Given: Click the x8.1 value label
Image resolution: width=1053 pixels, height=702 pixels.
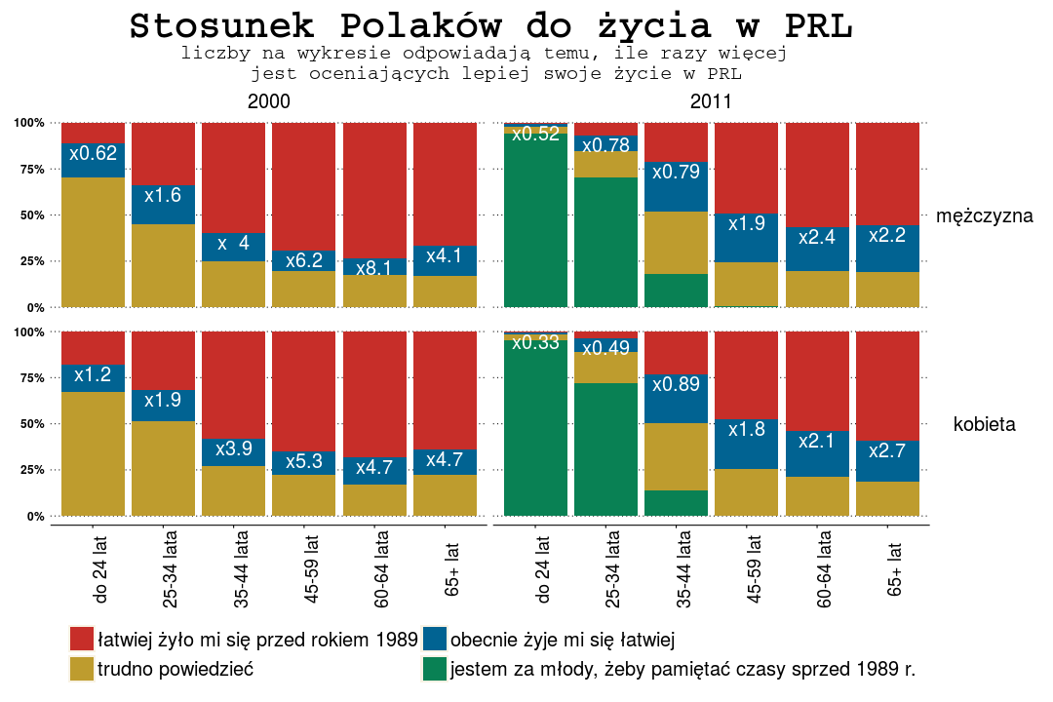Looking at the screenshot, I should tap(373, 268).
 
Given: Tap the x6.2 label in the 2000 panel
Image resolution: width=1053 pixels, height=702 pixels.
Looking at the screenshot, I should tap(303, 261).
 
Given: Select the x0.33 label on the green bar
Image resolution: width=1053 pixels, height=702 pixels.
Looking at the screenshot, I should tap(535, 342).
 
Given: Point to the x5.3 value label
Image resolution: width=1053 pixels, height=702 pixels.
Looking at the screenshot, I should tap(303, 463).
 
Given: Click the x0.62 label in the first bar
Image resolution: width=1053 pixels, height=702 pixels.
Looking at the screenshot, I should tap(93, 153).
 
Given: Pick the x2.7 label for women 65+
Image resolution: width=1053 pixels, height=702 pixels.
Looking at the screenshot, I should tap(886, 450).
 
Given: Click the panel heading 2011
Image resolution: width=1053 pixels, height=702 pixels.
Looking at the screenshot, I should tap(711, 101).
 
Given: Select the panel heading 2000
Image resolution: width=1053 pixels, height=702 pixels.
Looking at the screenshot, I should tap(268, 101).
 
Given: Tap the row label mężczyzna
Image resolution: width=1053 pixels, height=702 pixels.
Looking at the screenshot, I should tap(984, 216).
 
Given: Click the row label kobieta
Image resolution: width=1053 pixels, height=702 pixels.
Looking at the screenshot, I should tap(984, 424).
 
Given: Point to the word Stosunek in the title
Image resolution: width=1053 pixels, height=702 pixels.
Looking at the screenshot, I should tap(221, 26).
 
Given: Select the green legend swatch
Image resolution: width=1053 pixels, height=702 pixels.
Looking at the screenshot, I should tap(435, 669).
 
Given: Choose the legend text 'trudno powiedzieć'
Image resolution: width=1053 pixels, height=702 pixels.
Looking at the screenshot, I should tap(176, 670).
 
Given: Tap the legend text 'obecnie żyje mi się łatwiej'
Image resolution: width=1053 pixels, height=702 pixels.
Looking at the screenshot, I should tap(563, 641).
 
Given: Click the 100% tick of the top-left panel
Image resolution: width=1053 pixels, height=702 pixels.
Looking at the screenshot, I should tap(29, 123).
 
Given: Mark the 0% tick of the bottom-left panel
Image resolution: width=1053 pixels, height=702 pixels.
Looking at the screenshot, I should tap(35, 516).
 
